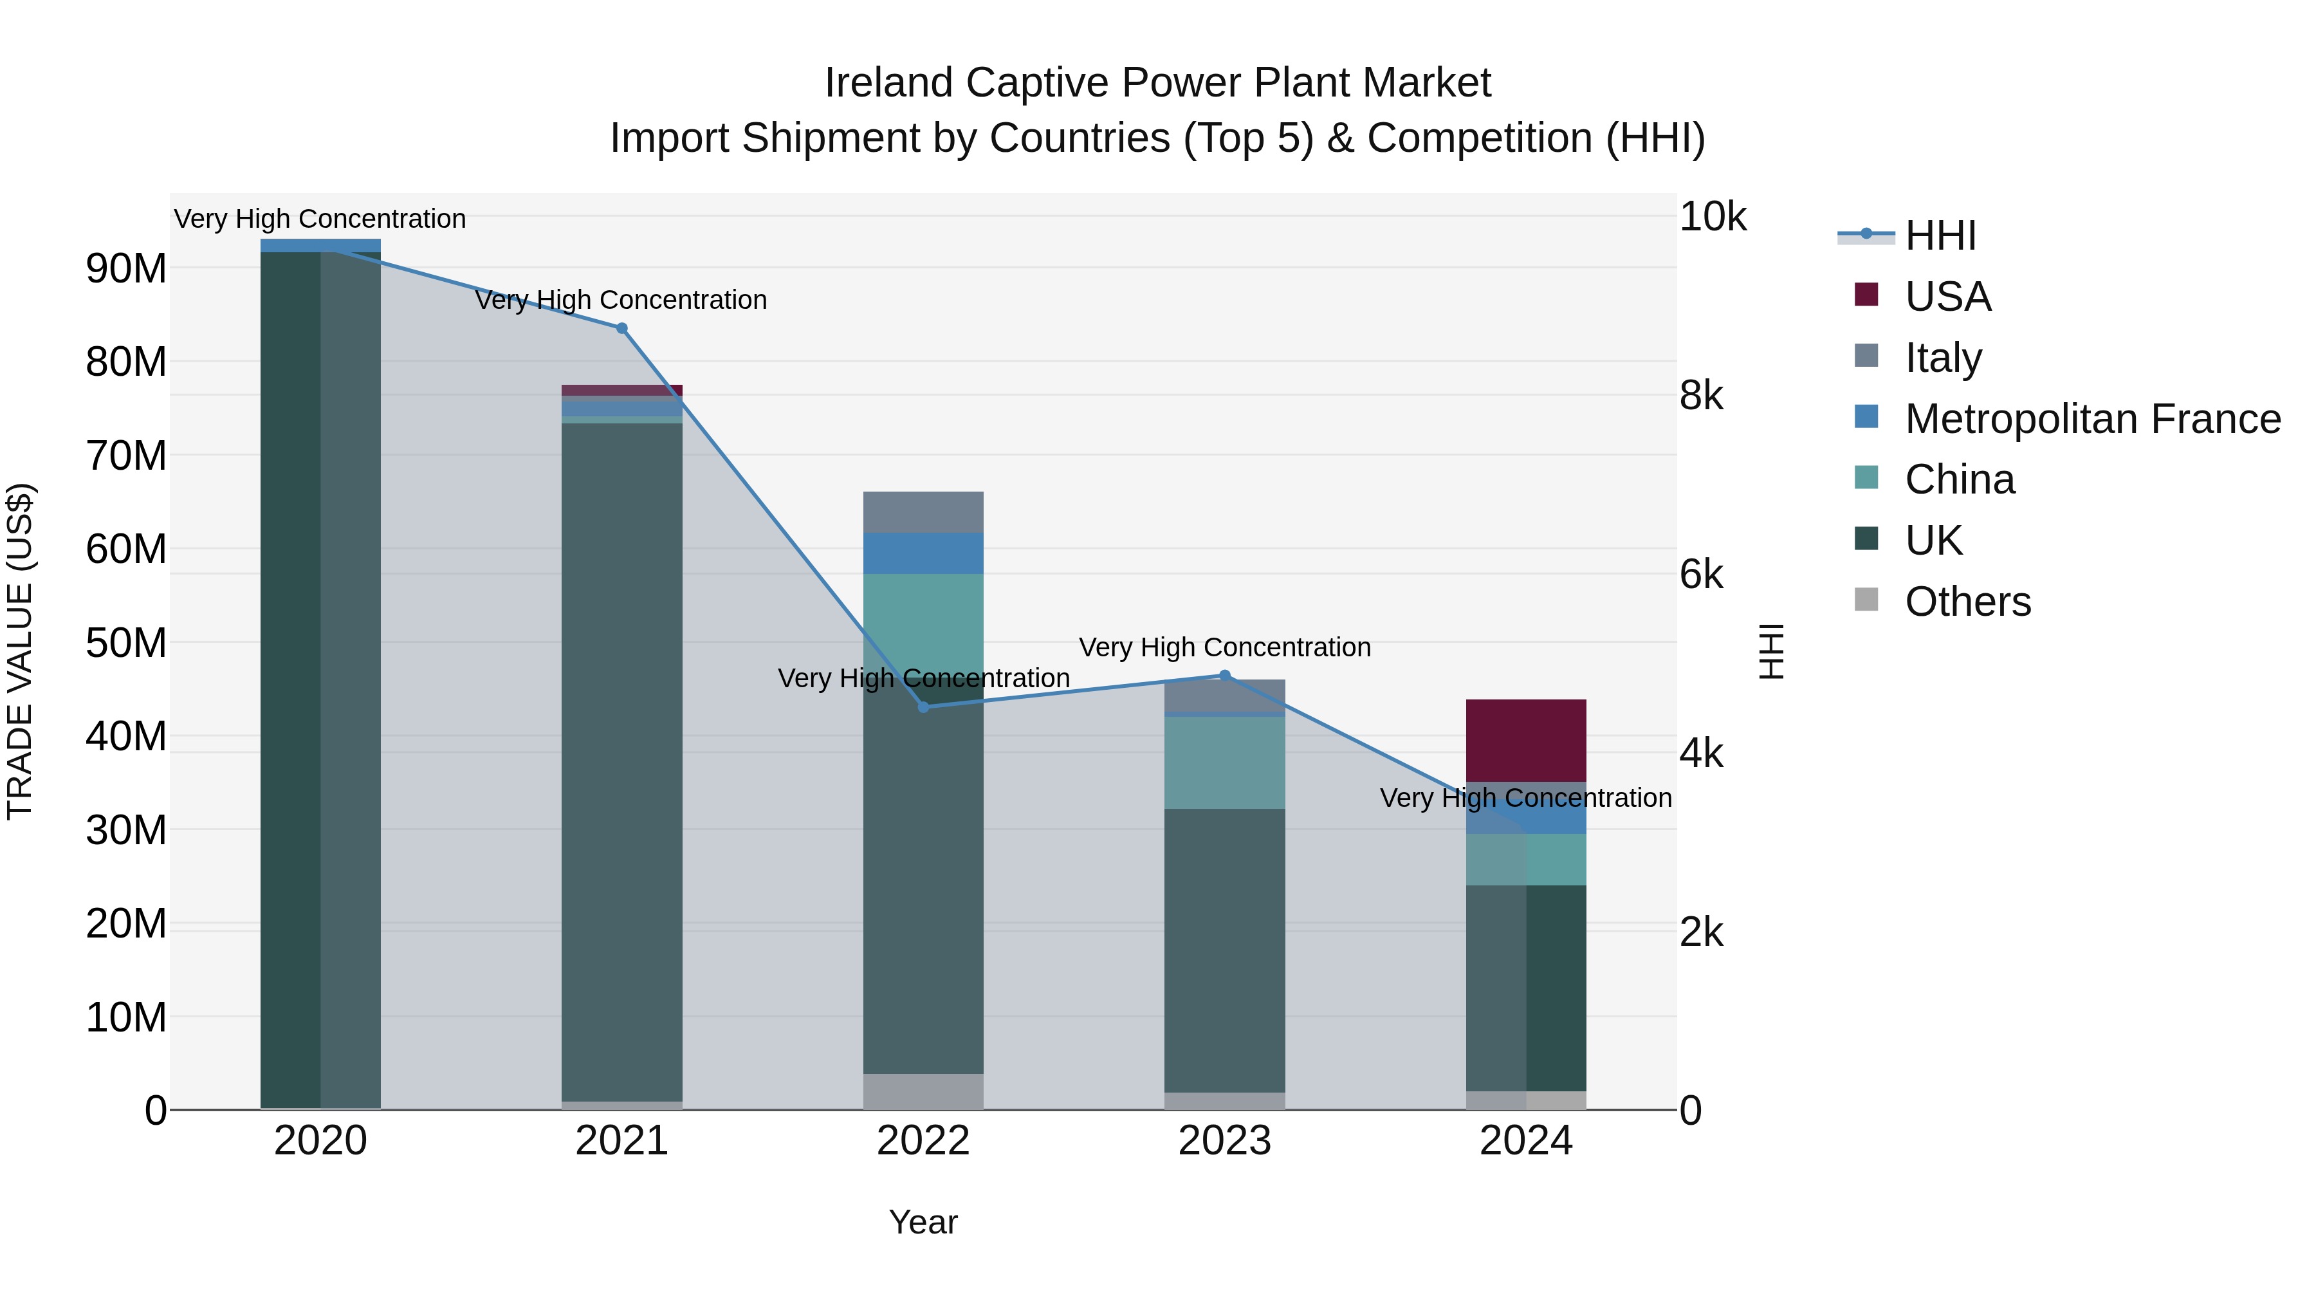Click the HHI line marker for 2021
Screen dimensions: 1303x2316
tap(621, 328)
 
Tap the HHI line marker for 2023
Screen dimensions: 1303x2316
tap(1224, 676)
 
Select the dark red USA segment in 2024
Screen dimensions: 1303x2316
tap(1526, 740)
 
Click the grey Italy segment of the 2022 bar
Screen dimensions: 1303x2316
tap(923, 512)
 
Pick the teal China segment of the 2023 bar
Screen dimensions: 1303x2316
tap(1224, 762)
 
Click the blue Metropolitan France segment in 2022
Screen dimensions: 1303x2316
tap(923, 553)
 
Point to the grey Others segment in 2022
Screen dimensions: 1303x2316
tap(923, 1091)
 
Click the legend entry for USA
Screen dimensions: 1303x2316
tap(1947, 297)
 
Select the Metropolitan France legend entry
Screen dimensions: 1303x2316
tap(2092, 419)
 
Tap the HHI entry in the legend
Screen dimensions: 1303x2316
tap(1940, 236)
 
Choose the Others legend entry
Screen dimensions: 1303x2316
tap(1967, 602)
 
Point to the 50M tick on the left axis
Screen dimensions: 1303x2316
tap(126, 643)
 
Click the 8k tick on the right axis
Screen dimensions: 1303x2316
tap(1701, 396)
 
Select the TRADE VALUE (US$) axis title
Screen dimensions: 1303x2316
tap(20, 651)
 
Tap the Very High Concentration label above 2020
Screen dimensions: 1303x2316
tap(320, 219)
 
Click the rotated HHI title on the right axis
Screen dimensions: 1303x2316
tap(1770, 651)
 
